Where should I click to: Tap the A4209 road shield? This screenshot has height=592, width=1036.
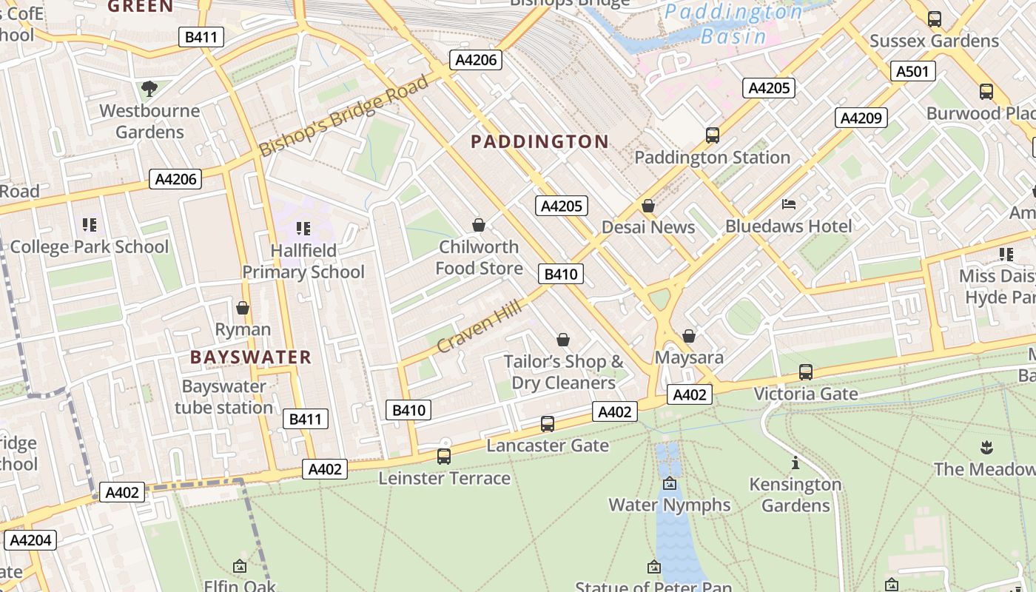tap(861, 118)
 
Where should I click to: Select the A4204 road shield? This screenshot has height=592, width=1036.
tap(30, 540)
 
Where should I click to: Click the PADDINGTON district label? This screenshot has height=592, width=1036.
tap(539, 141)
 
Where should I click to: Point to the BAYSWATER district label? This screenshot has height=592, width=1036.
tap(251, 357)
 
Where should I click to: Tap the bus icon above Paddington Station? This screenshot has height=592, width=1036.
tap(713, 135)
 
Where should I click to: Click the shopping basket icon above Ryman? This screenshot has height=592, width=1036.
tap(243, 308)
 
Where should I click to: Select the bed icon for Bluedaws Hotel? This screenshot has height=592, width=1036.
tap(789, 204)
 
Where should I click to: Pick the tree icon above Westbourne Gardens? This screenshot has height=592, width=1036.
tap(149, 89)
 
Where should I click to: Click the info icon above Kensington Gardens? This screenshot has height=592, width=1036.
tap(795, 463)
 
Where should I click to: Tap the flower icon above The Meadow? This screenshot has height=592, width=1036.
tap(986, 447)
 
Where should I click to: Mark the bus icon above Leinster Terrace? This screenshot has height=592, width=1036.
tap(444, 457)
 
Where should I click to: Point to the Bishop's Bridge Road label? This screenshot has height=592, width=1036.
tap(343, 116)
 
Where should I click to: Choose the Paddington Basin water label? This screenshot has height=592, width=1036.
tap(733, 24)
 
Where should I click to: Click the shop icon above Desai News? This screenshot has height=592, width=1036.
tap(648, 206)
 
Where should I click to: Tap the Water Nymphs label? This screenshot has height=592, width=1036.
tap(669, 505)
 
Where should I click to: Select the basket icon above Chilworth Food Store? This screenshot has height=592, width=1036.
tap(479, 225)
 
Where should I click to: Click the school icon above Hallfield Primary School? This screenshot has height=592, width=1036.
tap(303, 229)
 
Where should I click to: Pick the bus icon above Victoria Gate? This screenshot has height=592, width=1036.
tap(806, 372)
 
